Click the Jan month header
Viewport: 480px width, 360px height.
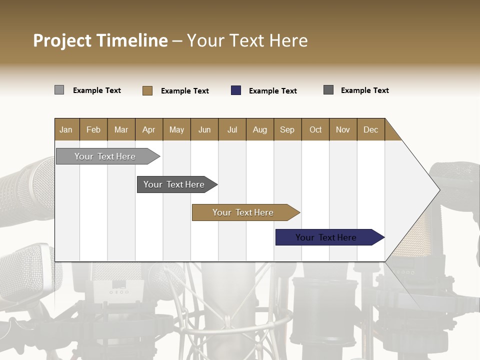coord(66,129)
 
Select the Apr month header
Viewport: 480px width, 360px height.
coord(148,129)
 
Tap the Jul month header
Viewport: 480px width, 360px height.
coord(232,129)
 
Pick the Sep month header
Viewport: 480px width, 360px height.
coord(287,129)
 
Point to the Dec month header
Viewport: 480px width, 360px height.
coord(370,129)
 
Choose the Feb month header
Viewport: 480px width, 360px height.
coord(93,129)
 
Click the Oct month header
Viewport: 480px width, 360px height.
coord(315,129)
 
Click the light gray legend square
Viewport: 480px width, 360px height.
coord(59,90)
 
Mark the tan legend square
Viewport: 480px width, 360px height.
coord(147,90)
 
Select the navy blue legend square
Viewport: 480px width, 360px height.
coord(236,90)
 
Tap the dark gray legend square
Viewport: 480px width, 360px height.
coord(328,90)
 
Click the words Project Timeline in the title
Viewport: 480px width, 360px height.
coord(100,40)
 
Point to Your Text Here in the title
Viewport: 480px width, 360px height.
coord(247,40)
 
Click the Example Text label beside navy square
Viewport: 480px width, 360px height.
coord(272,91)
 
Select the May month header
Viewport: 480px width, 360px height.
coord(176,129)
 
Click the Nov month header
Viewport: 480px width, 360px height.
coord(342,129)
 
